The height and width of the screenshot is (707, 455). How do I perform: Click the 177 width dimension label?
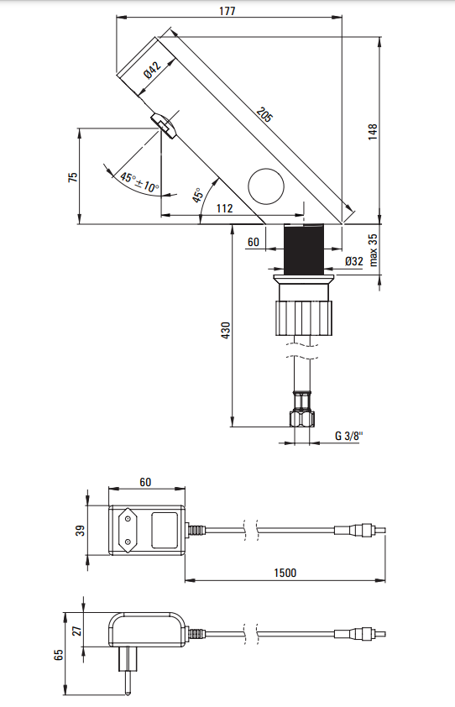point(227,11)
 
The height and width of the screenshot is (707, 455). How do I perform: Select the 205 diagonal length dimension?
point(264,115)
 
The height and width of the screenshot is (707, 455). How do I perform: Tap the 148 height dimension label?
point(373,131)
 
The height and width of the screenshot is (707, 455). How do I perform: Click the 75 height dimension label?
point(72,176)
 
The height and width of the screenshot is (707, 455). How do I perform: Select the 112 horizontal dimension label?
point(224,208)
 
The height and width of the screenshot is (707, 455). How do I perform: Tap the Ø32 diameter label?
point(353,261)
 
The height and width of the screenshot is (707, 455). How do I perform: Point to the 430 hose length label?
point(225,331)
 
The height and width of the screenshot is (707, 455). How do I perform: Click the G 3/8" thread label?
point(348,436)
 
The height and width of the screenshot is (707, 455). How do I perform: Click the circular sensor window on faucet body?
point(268,186)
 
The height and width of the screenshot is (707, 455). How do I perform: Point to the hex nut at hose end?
point(303,416)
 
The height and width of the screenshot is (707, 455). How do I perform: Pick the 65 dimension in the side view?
point(58,653)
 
